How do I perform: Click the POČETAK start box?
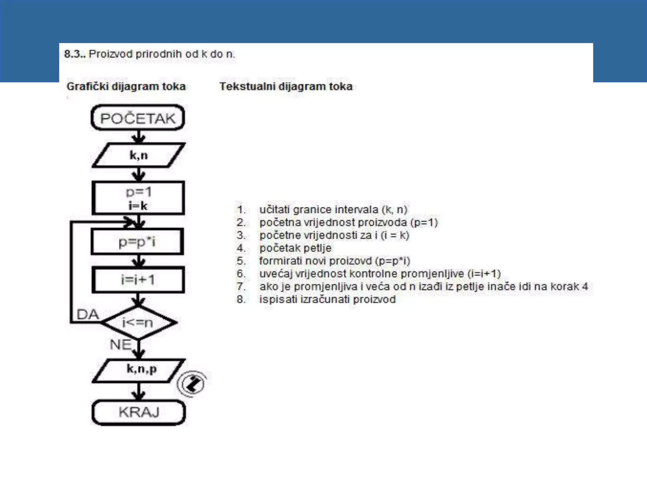[138, 118]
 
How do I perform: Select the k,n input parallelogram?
[138, 155]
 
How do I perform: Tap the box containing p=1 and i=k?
[138, 198]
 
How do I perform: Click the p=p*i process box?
[137, 242]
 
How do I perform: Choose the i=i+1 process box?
[138, 280]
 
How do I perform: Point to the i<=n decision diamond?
[138, 322]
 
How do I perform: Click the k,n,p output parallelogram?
[139, 370]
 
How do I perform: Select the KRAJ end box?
[139, 412]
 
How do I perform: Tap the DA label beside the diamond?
[88, 314]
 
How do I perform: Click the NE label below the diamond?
[120, 344]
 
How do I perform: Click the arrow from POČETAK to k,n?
[138, 137]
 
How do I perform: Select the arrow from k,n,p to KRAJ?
[138, 392]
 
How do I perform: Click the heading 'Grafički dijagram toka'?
[126, 87]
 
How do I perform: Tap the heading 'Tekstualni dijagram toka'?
[286, 87]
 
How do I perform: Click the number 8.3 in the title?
[74, 54]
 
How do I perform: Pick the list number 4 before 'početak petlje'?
[241, 248]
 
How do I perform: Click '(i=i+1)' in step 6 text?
[484, 273]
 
